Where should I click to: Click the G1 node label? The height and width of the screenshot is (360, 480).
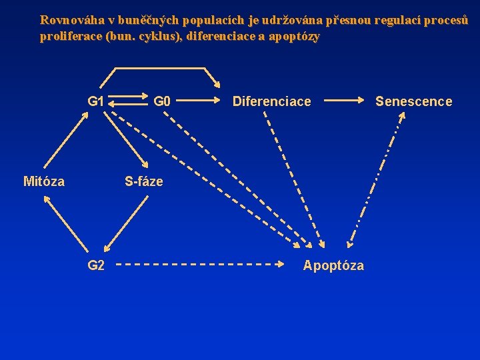click(x=96, y=101)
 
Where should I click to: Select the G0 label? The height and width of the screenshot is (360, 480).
click(x=162, y=101)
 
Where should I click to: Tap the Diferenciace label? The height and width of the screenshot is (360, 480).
click(x=271, y=101)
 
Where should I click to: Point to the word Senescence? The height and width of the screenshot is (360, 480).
click(x=413, y=101)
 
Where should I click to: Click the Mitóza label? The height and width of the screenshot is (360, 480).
click(x=44, y=181)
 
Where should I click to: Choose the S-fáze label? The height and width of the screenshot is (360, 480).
click(x=144, y=181)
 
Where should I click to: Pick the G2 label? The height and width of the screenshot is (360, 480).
click(x=96, y=265)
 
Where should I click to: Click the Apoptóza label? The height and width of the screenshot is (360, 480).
click(x=333, y=265)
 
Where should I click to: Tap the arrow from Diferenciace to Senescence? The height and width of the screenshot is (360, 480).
click(x=346, y=101)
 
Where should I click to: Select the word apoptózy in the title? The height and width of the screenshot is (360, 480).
click(x=293, y=37)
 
